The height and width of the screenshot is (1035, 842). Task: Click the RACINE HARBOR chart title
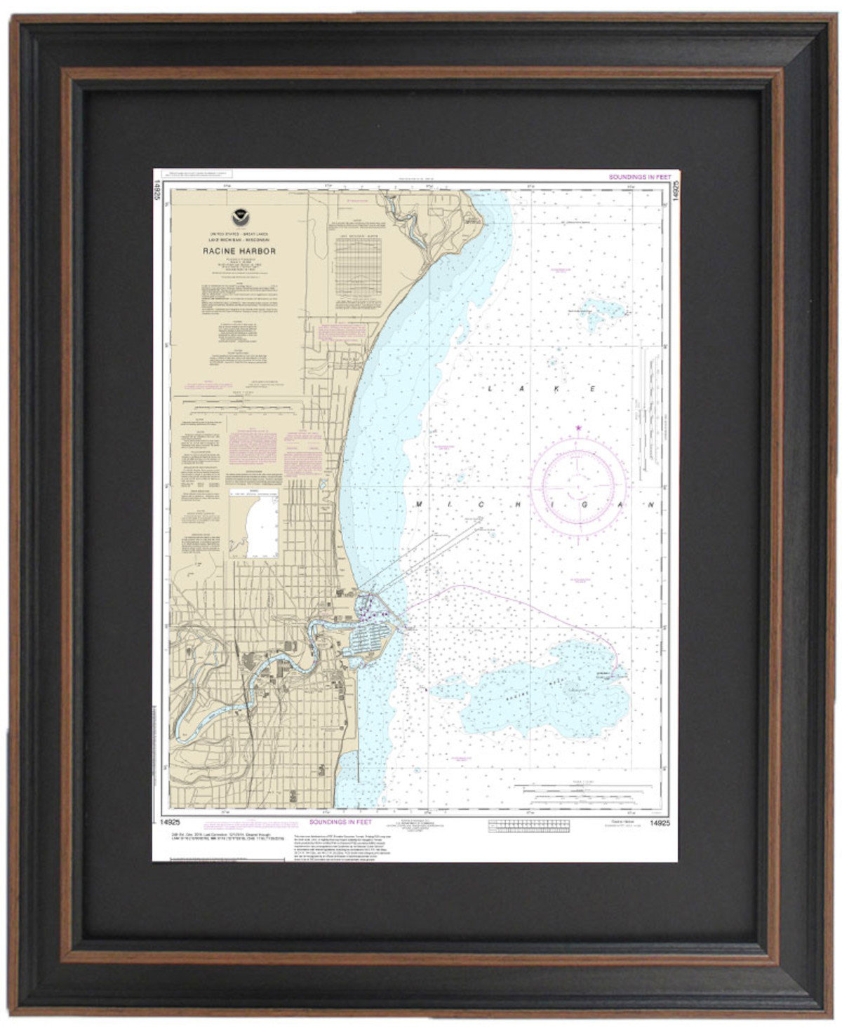pyautogui.click(x=229, y=250)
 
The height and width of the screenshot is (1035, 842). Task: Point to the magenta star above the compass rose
pyautogui.click(x=578, y=427)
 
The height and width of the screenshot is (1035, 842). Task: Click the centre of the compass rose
pyautogui.click(x=578, y=482)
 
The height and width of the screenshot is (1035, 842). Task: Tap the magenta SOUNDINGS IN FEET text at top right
pyautogui.click(x=639, y=177)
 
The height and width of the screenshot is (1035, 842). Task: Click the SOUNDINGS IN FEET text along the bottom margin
pyautogui.click(x=340, y=822)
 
